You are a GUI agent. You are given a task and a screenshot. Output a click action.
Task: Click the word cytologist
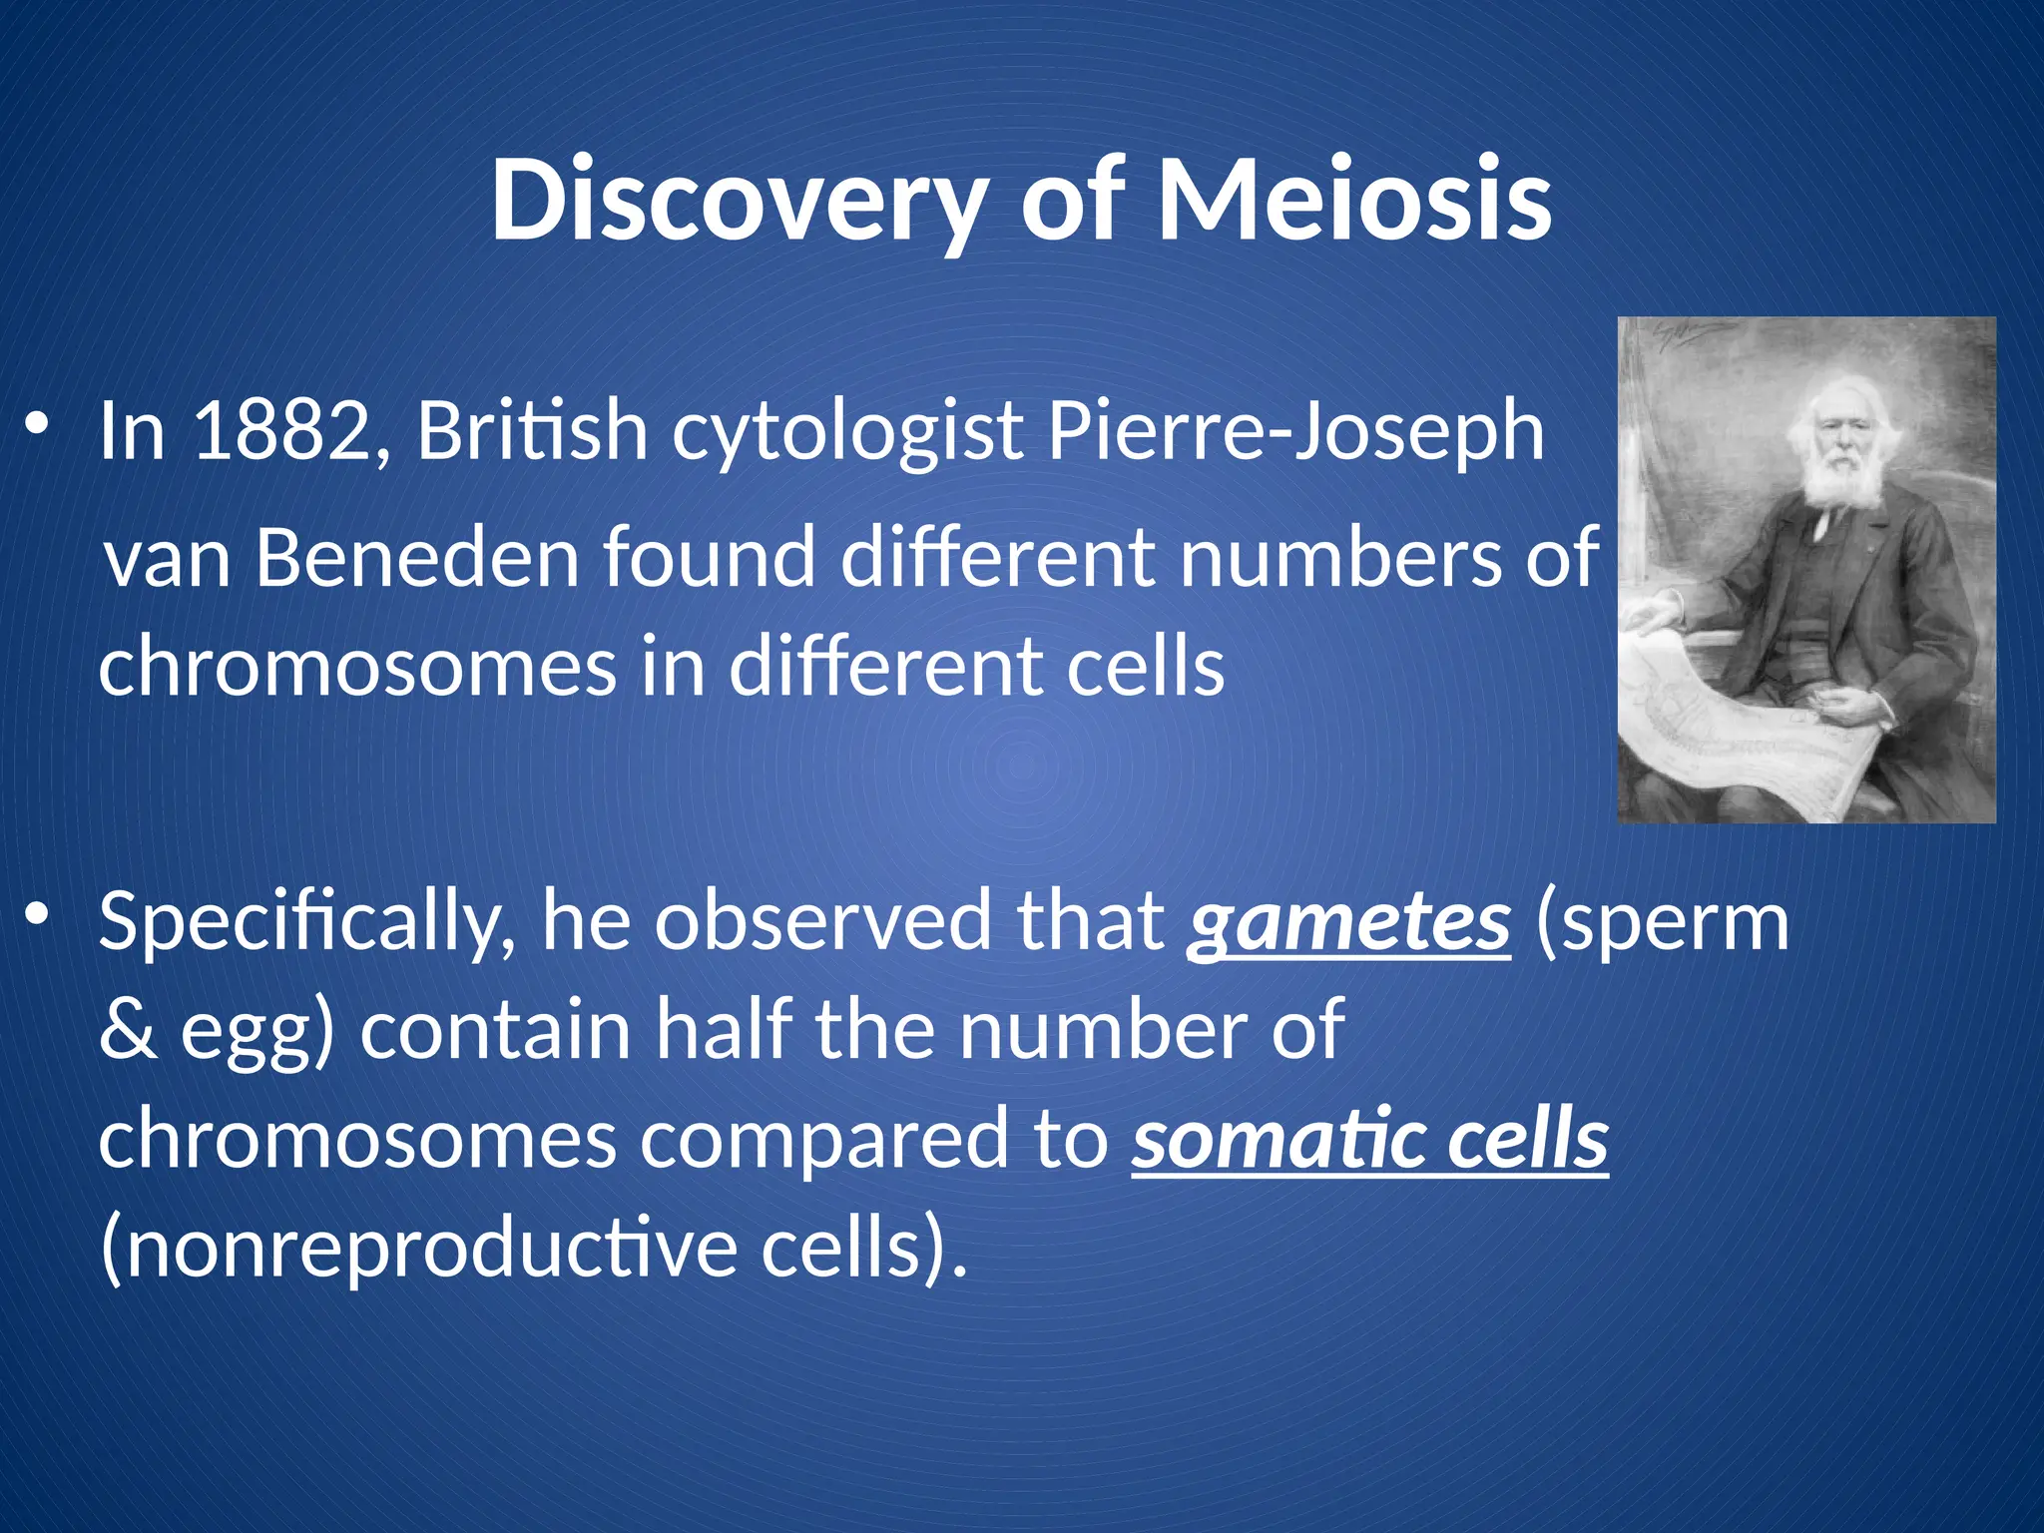tap(848, 432)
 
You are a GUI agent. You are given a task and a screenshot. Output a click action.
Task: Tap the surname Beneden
tap(417, 557)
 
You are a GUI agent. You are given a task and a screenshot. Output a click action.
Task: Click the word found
tap(710, 557)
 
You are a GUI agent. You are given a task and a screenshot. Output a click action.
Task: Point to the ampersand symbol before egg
tap(128, 1031)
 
